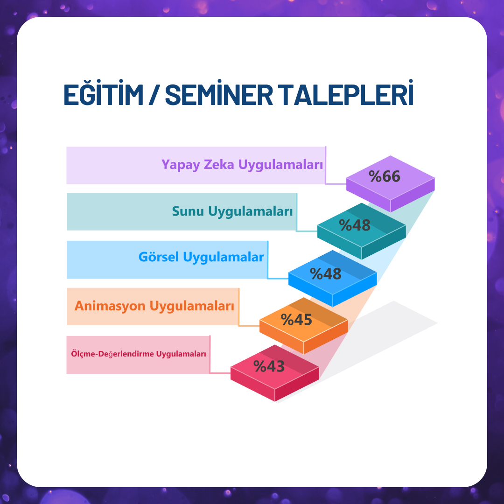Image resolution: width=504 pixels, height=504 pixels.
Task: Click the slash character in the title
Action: pos(154,94)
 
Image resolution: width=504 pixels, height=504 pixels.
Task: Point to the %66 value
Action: pos(385,176)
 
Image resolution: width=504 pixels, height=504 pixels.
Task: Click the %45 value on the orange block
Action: pos(296,320)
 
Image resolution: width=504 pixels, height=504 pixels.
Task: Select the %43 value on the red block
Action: pos(269,366)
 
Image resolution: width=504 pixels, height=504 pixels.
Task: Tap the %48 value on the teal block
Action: pos(355,225)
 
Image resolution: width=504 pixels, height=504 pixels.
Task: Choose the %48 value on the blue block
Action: pos(326,274)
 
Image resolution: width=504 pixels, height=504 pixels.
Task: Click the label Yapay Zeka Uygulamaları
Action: pos(242,165)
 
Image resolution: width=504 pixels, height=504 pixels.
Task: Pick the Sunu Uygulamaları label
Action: pos(232,211)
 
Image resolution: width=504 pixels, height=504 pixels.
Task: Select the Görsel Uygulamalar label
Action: pos(201,257)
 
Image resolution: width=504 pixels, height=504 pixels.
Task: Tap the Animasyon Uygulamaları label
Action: pos(154,306)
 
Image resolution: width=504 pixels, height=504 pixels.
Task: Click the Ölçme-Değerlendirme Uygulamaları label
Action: pos(139,354)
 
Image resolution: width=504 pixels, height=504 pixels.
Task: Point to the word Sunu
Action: pos(188,211)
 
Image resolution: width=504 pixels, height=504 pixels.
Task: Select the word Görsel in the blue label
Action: pos(159,257)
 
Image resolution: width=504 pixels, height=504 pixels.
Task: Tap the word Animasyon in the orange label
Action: pos(110,306)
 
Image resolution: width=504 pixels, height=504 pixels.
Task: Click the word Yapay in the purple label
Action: pos(181,165)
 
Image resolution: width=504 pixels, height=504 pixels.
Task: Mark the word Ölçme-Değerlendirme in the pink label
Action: pos(112,354)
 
